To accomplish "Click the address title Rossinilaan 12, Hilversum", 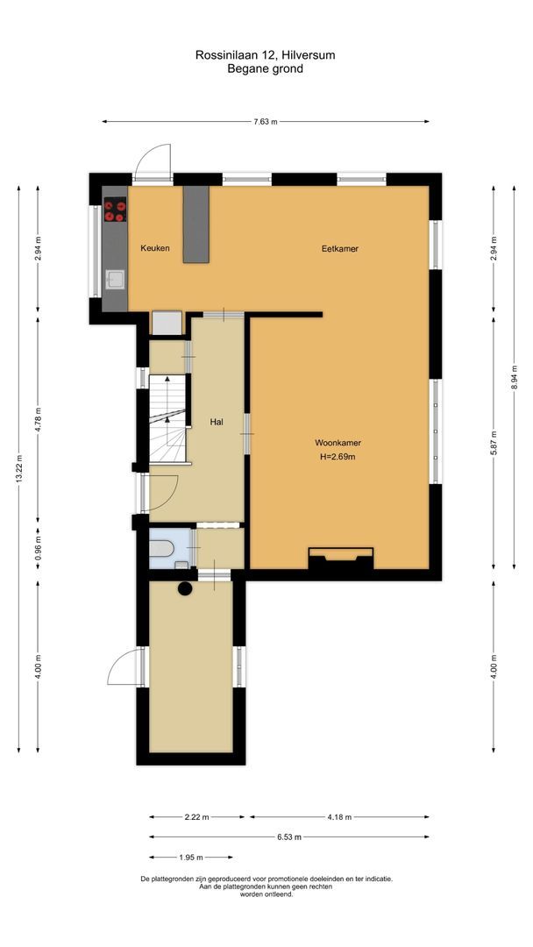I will click(265, 54).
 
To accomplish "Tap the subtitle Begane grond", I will click(265, 68).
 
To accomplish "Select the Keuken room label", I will click(154, 249).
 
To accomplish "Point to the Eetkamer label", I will click(339, 249).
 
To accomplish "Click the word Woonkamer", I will click(339, 443).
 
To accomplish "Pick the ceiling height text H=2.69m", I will click(339, 456).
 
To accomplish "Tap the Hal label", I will click(217, 422).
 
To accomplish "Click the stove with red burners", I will click(115, 210).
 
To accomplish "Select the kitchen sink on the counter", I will click(115, 280).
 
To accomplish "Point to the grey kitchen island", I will click(196, 224).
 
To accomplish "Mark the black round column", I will click(186, 589).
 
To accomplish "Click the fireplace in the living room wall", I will click(340, 559).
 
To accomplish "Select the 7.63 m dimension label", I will click(266, 122).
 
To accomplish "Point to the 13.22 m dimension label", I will click(19, 474).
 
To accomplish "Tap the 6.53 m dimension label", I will click(290, 837).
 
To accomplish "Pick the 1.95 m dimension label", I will click(189, 858).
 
